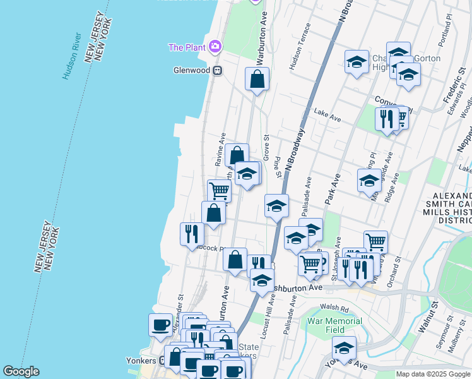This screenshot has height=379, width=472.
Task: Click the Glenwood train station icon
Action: pos(217,70)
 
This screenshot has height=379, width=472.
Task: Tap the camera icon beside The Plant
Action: pos(215,46)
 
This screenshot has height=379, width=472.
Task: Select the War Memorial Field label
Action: pos(335,325)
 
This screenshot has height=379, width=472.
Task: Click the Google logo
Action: pos(20,371)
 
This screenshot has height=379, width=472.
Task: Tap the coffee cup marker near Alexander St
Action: pos(160,325)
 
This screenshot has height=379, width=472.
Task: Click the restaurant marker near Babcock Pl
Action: pos(191,234)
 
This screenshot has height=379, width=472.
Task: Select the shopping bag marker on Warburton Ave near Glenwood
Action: pos(257,79)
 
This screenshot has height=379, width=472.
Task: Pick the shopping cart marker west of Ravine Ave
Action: pos(219,190)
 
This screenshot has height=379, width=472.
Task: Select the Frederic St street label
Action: pos(453,88)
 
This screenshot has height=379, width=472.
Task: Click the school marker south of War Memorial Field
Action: pos(344,347)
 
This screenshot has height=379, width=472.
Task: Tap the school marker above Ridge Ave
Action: pos(369,181)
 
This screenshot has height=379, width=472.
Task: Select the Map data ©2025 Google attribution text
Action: pos(434,374)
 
